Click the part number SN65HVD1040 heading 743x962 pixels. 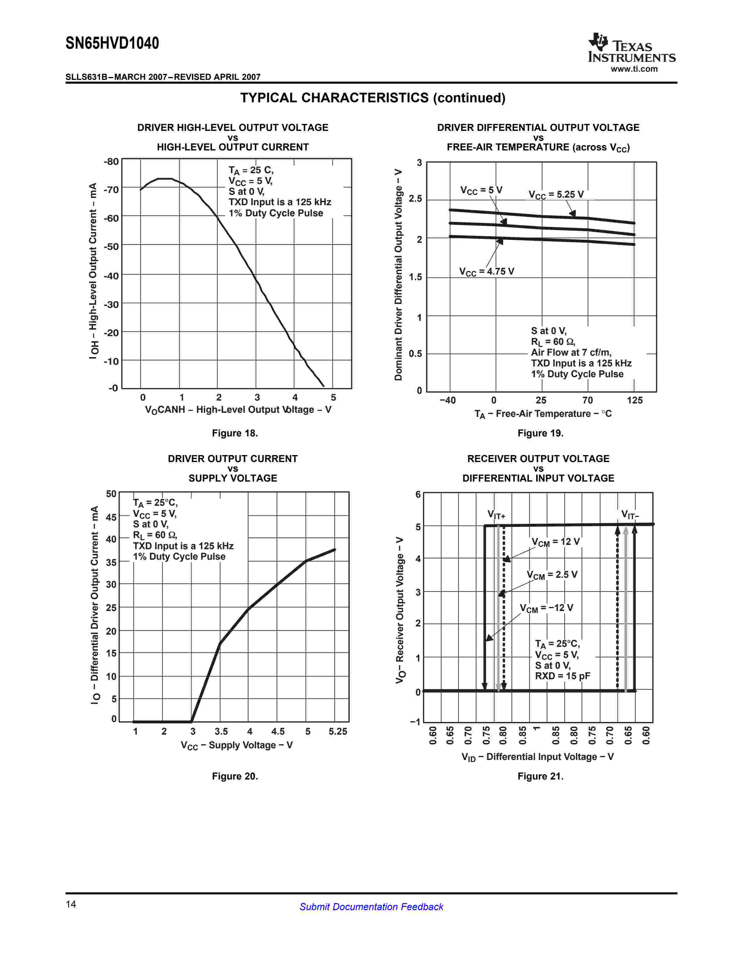[x=112, y=43]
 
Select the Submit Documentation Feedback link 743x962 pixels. [x=371, y=907]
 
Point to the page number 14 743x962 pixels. [x=71, y=904]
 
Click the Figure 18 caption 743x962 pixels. [x=235, y=433]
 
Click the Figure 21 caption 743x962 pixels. [x=540, y=776]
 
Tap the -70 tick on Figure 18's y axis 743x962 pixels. [x=111, y=190]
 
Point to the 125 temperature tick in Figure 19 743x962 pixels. [x=634, y=400]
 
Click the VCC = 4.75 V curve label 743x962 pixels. [x=486, y=272]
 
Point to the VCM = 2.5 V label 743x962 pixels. [x=552, y=575]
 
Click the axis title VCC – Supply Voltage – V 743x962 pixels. [x=236, y=745]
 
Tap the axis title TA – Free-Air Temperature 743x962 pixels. [x=543, y=414]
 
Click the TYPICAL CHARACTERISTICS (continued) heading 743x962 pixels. [x=372, y=98]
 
